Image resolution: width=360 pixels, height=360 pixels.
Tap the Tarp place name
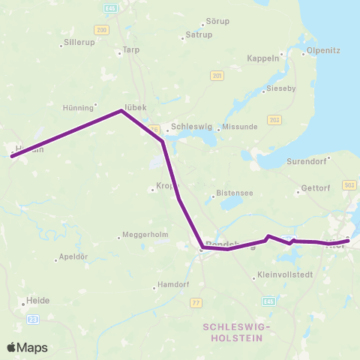[127, 51]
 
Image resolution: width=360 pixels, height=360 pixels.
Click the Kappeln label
[262, 58]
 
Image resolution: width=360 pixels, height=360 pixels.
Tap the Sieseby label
[281, 88]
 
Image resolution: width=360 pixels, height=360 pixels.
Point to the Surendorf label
[309, 161]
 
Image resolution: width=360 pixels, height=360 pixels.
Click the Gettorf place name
[314, 190]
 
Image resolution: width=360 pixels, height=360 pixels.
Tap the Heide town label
[37, 300]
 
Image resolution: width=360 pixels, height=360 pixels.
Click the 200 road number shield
[102, 28]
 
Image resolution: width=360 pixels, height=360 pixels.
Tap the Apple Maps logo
[27, 347]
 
